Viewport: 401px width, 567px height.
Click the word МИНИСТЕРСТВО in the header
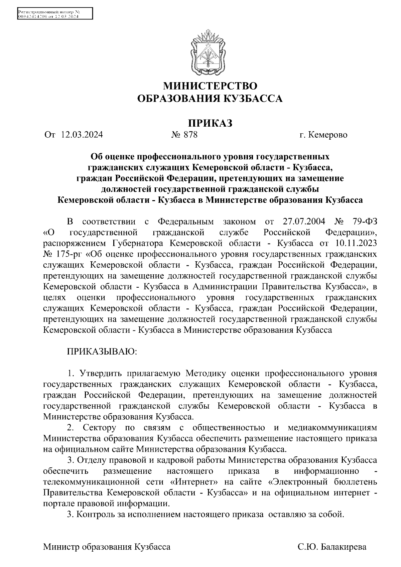210,86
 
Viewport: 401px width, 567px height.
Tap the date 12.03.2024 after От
82,135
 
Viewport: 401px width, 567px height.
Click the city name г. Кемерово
323,135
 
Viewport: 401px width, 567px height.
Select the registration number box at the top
54,14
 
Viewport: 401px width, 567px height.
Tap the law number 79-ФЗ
364,222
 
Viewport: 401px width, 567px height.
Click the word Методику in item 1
206,373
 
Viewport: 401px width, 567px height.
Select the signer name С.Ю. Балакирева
332,547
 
